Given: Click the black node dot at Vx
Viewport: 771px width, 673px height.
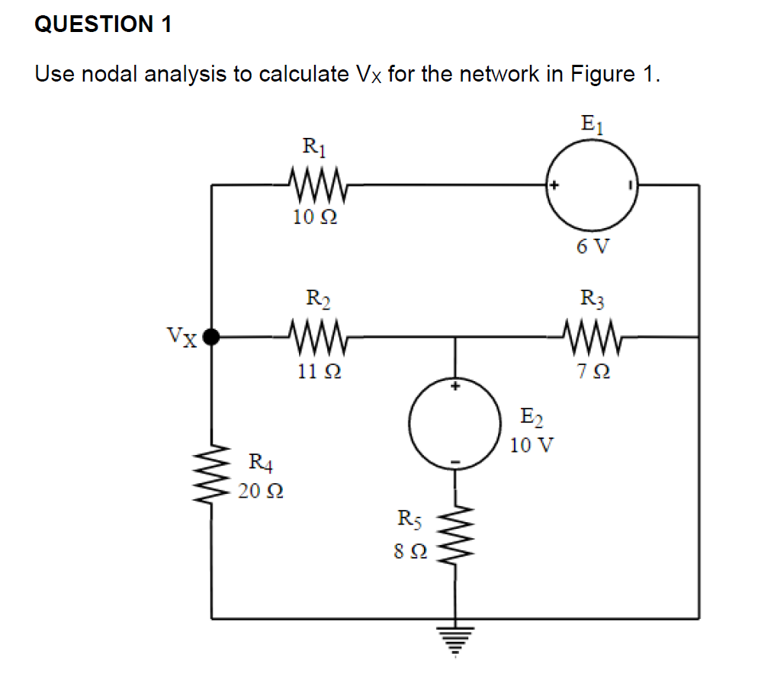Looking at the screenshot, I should [213, 335].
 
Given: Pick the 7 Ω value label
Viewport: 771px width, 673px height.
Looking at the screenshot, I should [593, 372].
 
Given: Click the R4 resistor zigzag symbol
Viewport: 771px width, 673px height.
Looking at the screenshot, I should [213, 473].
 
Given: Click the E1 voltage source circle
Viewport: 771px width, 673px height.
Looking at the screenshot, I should [593, 184].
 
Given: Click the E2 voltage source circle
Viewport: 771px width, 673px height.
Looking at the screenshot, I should [455, 425].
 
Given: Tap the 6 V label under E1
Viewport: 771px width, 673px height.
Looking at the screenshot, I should [593, 246].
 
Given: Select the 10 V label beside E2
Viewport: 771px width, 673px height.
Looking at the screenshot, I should [532, 445].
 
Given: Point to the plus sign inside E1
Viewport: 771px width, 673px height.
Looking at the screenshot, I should [554, 185].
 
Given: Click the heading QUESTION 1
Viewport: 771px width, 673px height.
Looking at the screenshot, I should [104, 24].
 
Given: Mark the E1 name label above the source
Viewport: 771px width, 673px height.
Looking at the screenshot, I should [593, 123].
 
